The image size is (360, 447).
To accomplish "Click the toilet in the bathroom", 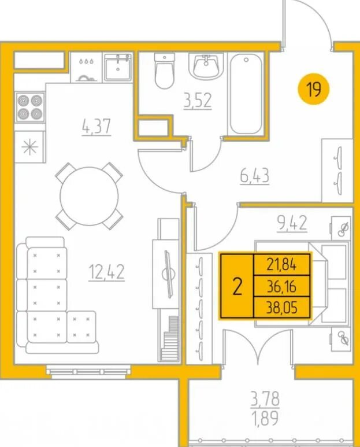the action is pos(164,71).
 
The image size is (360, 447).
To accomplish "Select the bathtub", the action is pos(246,94).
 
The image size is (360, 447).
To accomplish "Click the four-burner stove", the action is pos(30,107).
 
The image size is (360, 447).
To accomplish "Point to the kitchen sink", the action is pos(118,67).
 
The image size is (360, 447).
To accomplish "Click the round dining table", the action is pos(89,196).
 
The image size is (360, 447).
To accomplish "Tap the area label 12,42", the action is pos(106,272).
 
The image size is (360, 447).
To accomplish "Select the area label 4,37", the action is pos(96,126).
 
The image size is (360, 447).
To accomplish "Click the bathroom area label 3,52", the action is pos(198,101).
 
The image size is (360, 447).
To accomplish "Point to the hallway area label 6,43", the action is pos(255,176).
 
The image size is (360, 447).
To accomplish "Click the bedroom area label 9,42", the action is pos(292,223).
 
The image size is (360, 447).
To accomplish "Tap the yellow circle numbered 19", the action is pos(314,90).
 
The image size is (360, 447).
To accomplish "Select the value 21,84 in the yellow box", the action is pos(281,265).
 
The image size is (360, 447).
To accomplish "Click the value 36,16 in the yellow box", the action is pos(281,286).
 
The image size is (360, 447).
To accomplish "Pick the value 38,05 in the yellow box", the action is pos(281,308).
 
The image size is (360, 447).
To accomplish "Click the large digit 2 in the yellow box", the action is pos(237,286).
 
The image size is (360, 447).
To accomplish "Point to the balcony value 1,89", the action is pos(265,418).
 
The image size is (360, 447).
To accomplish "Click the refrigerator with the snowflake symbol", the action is pos(29,147).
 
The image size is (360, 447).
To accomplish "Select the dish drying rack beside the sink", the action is pos(86,67).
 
